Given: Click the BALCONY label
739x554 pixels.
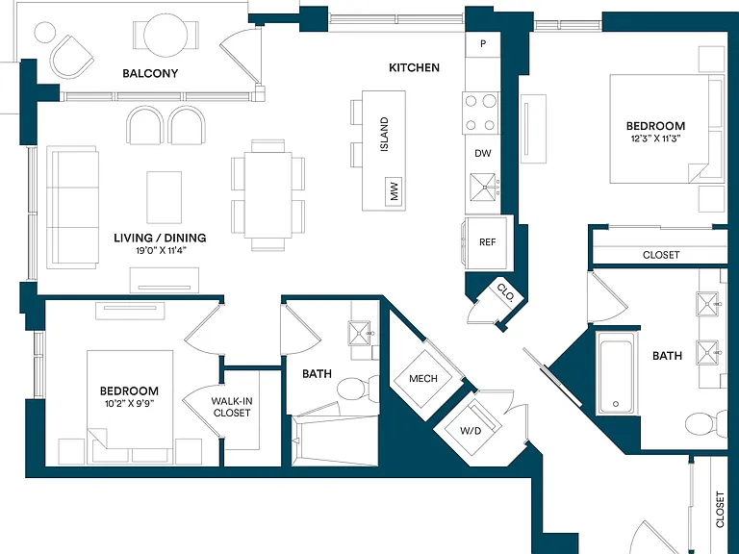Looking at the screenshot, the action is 150,73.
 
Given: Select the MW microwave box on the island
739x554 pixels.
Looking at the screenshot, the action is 394,191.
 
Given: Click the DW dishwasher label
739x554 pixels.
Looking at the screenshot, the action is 483,153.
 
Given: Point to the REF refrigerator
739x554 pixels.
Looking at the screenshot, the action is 487,242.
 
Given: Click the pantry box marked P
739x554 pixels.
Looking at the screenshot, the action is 483,44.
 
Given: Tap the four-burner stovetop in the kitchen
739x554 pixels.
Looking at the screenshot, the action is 481,113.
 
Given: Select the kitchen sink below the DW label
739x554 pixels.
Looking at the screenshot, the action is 483,188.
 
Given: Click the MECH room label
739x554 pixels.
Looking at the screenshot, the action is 423,378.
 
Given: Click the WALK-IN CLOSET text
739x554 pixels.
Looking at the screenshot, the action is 231,407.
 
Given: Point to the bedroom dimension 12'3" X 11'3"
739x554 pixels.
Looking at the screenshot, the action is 655,138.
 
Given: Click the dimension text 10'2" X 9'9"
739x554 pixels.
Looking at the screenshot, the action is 130,403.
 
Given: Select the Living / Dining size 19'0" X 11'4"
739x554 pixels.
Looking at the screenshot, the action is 162,251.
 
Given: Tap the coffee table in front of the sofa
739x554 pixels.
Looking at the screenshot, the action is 164,197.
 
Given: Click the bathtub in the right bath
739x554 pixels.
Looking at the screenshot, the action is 617,372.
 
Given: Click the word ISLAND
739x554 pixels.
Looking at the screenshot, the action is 384,135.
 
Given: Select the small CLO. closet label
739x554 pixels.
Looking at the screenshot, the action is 505,292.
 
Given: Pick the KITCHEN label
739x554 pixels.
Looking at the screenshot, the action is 415,68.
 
